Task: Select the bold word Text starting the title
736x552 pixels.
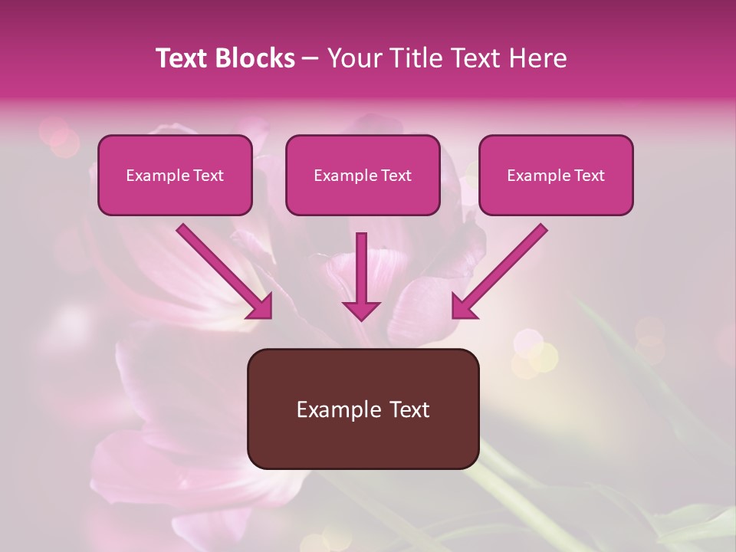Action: [182, 58]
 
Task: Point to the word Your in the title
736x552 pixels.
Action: [354, 58]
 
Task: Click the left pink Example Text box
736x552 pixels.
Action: [175, 176]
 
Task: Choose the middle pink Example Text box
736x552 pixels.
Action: [363, 176]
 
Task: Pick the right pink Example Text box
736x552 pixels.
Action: [556, 176]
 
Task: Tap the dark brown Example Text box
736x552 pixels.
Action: [363, 409]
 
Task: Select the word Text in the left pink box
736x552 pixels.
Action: [208, 176]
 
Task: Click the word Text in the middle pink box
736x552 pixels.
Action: [396, 176]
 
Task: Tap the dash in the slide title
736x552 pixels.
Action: [310, 58]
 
